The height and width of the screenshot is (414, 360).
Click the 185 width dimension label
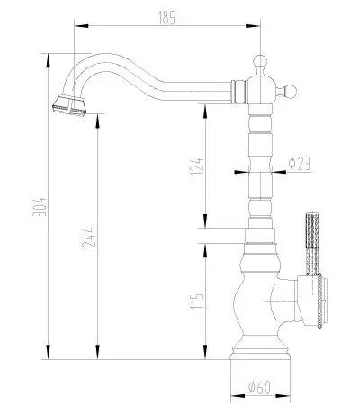click(x=166, y=17)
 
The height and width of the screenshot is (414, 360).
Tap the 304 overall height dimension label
click(x=40, y=206)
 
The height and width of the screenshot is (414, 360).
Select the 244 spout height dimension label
click(x=89, y=238)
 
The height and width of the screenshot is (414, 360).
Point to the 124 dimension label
click(x=198, y=166)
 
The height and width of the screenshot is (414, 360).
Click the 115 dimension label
click(x=197, y=301)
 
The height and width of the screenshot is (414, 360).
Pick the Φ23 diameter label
click(x=299, y=164)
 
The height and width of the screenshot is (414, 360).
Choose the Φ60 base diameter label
click(x=259, y=387)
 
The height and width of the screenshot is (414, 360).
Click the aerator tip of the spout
click(x=69, y=107)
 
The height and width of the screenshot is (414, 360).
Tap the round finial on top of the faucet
click(x=260, y=62)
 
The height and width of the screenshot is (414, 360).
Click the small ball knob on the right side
click(x=290, y=91)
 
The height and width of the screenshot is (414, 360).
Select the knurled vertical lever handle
click(x=312, y=244)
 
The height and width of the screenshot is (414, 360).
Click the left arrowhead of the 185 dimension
click(x=81, y=26)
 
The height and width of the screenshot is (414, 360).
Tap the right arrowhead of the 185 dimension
click(x=253, y=26)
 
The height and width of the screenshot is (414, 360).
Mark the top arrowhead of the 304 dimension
click(x=48, y=61)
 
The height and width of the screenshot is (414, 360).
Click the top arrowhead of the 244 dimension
click(x=97, y=121)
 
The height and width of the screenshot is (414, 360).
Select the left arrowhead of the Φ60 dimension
click(x=238, y=396)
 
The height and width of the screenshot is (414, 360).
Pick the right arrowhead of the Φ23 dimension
click(x=279, y=172)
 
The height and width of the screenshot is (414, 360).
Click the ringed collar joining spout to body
click(x=238, y=92)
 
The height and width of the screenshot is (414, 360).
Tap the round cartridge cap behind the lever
click(x=318, y=300)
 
